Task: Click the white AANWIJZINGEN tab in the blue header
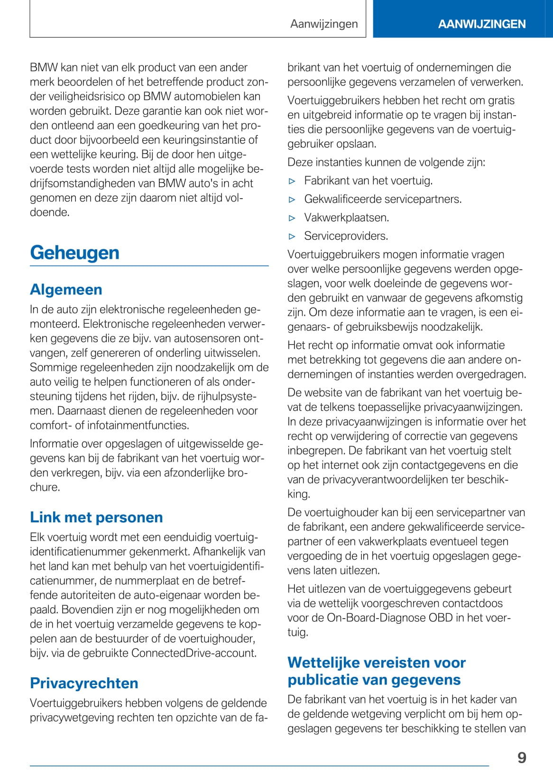481,24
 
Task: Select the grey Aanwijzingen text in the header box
324,24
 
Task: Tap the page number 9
522,757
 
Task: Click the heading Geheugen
74,253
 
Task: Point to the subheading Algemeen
66,289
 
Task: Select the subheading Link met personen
96,517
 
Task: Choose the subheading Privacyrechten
84,683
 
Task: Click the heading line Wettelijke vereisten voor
377,662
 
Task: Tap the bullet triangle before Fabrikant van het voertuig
292,181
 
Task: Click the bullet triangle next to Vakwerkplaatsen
292,218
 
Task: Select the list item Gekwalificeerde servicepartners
383,199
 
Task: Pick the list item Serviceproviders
346,236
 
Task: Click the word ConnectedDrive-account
194,653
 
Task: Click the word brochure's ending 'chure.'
45,487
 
